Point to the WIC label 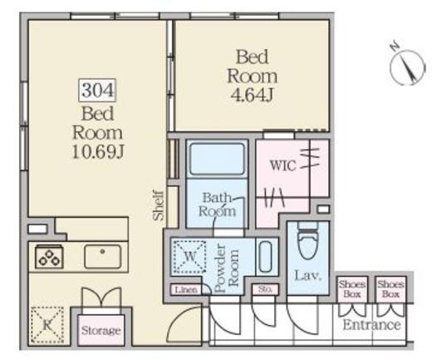tap(282, 163)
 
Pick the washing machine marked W tap(189, 258)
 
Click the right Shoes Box tap(390, 288)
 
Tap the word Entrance tap(371, 325)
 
